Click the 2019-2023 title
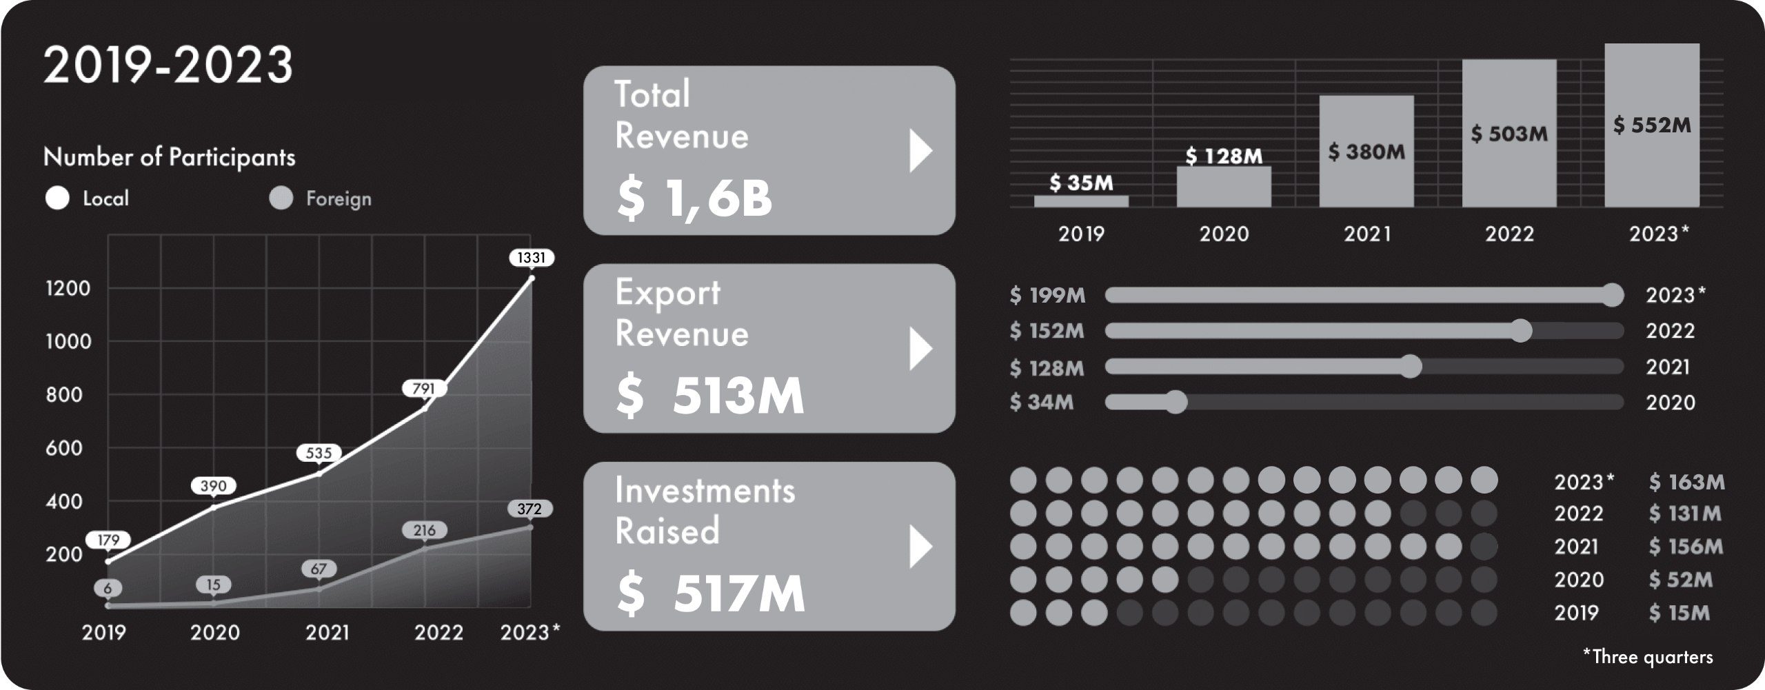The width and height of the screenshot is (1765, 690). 168,65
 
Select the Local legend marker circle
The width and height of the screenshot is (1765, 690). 57,199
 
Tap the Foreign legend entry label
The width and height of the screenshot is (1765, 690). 339,199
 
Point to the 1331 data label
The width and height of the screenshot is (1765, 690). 531,258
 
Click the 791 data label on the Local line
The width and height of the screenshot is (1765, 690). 424,389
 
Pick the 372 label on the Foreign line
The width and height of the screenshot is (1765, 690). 529,509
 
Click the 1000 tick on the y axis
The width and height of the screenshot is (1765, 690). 68,342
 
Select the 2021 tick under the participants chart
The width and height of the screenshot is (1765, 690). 327,633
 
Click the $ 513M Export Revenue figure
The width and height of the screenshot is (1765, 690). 709,396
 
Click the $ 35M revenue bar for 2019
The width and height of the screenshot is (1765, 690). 1081,201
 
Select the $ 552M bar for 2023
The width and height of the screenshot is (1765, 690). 1652,125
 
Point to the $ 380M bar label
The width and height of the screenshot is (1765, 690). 1366,152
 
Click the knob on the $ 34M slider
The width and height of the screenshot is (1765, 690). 1176,402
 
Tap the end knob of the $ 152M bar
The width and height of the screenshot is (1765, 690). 1520,330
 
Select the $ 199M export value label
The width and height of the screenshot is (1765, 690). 1047,295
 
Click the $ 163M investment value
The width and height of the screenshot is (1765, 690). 1686,481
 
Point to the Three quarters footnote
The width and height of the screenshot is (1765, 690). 1648,656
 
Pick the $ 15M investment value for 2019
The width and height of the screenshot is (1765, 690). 1679,612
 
